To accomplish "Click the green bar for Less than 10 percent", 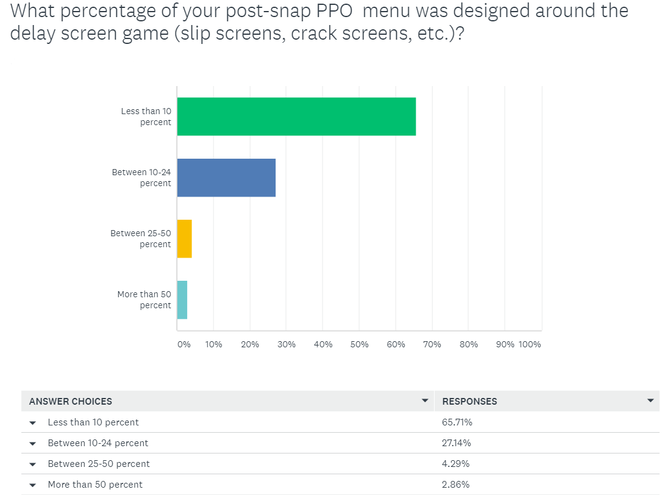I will click(x=296, y=117).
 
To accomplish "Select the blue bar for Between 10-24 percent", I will click(x=226, y=178).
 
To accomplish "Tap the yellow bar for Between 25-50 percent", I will click(x=184, y=239).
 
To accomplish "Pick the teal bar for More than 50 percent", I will click(x=182, y=300).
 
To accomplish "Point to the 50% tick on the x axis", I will click(x=360, y=344).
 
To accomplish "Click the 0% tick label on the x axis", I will click(x=183, y=344).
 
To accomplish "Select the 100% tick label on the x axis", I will click(x=530, y=344).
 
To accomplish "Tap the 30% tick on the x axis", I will click(x=287, y=344).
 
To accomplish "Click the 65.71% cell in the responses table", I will click(x=457, y=422).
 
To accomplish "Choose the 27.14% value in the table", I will click(x=456, y=443).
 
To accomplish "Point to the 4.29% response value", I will click(x=455, y=464).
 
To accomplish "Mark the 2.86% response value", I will click(x=455, y=485).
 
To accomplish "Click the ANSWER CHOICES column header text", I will click(x=71, y=402).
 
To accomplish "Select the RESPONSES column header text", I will click(x=469, y=402).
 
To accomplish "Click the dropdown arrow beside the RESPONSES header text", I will click(x=650, y=401).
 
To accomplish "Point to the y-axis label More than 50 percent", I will click(x=144, y=300).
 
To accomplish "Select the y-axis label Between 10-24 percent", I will click(x=141, y=178).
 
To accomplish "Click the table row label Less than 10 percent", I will click(x=93, y=422).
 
